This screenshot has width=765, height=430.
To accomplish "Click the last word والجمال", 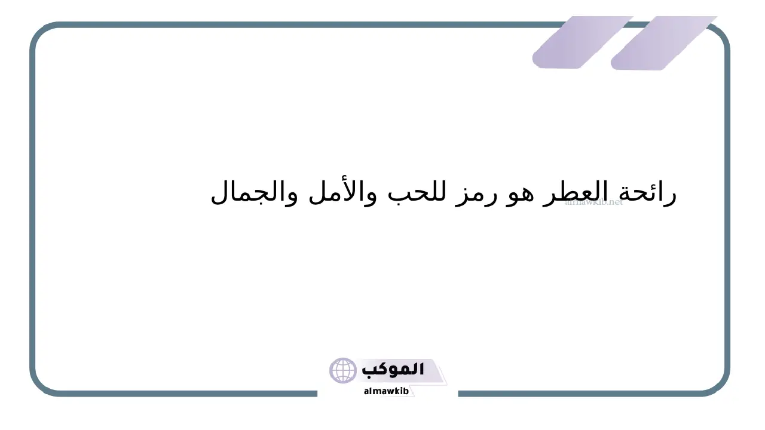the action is point(254,192).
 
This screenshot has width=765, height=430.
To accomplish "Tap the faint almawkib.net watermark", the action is point(594,202).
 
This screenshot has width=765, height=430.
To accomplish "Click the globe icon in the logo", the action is point(342,371).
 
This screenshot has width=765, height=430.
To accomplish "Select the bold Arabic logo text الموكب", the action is point(393,370).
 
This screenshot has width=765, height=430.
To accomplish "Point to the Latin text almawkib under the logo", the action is point(386,391).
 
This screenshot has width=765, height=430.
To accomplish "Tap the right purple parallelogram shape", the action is point(663,43).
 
